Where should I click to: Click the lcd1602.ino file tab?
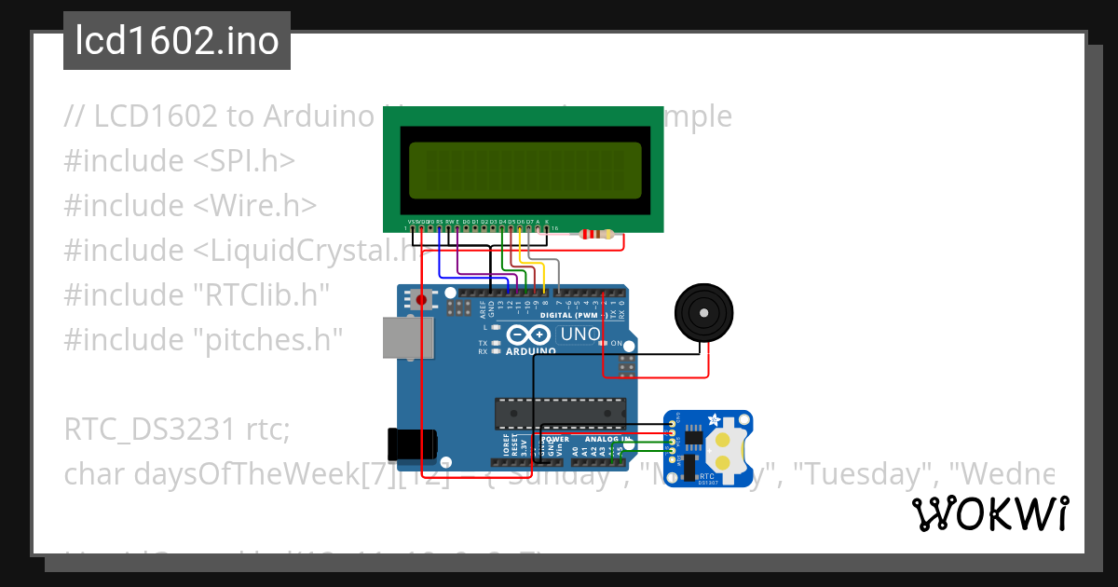click(x=177, y=41)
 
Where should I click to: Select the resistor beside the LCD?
click(x=597, y=234)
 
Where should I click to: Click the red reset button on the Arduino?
click(x=422, y=300)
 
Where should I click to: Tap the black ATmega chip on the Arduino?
click(x=559, y=410)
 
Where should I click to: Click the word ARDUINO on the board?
click(x=531, y=351)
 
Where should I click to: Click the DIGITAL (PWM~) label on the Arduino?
click(x=582, y=316)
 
